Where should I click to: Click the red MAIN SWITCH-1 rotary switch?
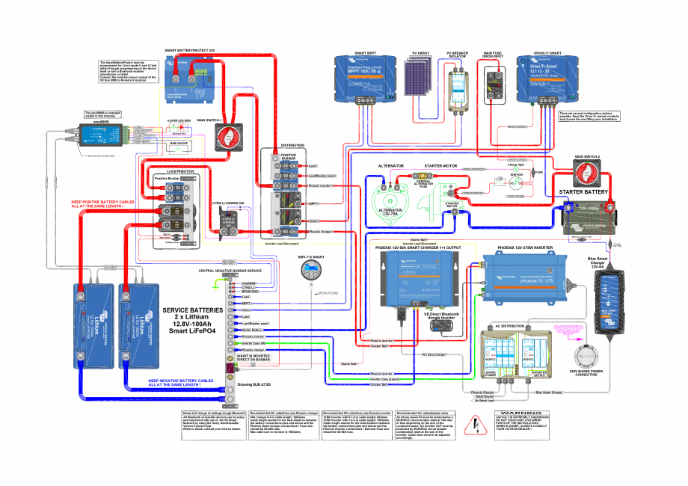pos(226,137)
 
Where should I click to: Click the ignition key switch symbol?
pos(516,180)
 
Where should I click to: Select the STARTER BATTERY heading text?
pos(586,192)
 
